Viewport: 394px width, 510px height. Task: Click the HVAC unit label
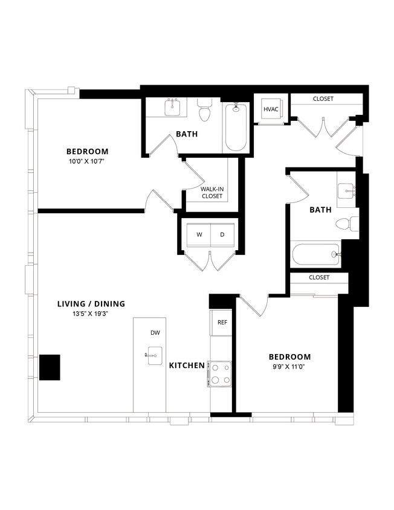coord(270,109)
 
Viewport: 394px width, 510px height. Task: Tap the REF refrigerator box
coord(222,322)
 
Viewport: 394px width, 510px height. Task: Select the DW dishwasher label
coord(155,332)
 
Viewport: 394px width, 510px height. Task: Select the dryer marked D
coord(222,234)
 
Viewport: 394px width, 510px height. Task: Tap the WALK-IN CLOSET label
coord(212,193)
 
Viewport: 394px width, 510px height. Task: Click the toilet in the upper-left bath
coord(204,112)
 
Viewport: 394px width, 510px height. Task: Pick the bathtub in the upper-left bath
coord(236,127)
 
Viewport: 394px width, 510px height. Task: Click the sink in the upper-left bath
coord(173,108)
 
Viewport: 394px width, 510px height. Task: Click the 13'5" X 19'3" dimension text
coord(91,314)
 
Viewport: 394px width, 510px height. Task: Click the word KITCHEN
coord(187,366)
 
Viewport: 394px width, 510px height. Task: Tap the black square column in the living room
coord(50,367)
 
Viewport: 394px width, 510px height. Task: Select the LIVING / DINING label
coord(91,304)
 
